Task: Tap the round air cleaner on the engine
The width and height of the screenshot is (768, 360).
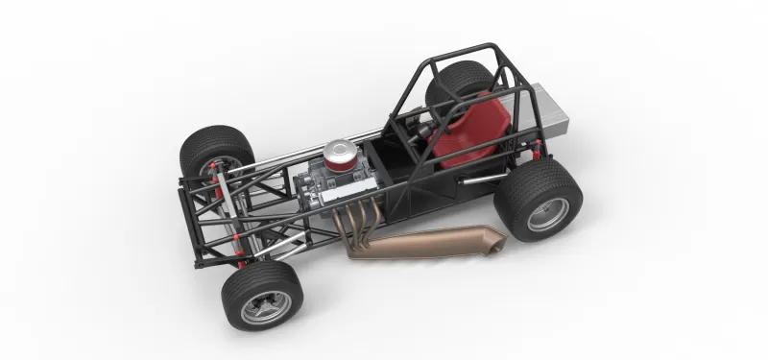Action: click(341, 154)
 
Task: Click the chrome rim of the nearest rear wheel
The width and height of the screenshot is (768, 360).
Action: click(548, 214)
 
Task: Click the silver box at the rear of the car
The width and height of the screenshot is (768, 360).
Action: click(549, 109)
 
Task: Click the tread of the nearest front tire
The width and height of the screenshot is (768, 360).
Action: click(240, 283)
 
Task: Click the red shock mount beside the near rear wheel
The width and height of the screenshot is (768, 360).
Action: click(538, 149)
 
